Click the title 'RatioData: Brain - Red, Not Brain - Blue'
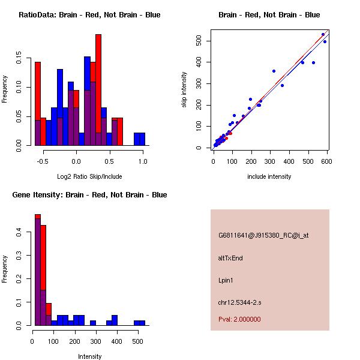pyautogui.click(x=89, y=15)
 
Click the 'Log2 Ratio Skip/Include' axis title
pyautogui.click(x=89, y=176)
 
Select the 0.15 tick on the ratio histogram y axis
pyautogui.click(x=20, y=60)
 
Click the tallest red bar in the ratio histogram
pyautogui.click(x=98, y=90)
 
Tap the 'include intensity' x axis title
pyautogui.click(x=269, y=176)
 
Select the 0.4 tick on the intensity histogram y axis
pyautogui.click(x=20, y=232)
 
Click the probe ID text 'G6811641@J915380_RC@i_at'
pyautogui.click(x=263, y=236)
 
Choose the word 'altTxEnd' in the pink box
pyautogui.click(x=230, y=259)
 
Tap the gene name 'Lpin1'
pyautogui.click(x=226, y=280)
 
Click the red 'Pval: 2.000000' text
pyautogui.click(x=239, y=319)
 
